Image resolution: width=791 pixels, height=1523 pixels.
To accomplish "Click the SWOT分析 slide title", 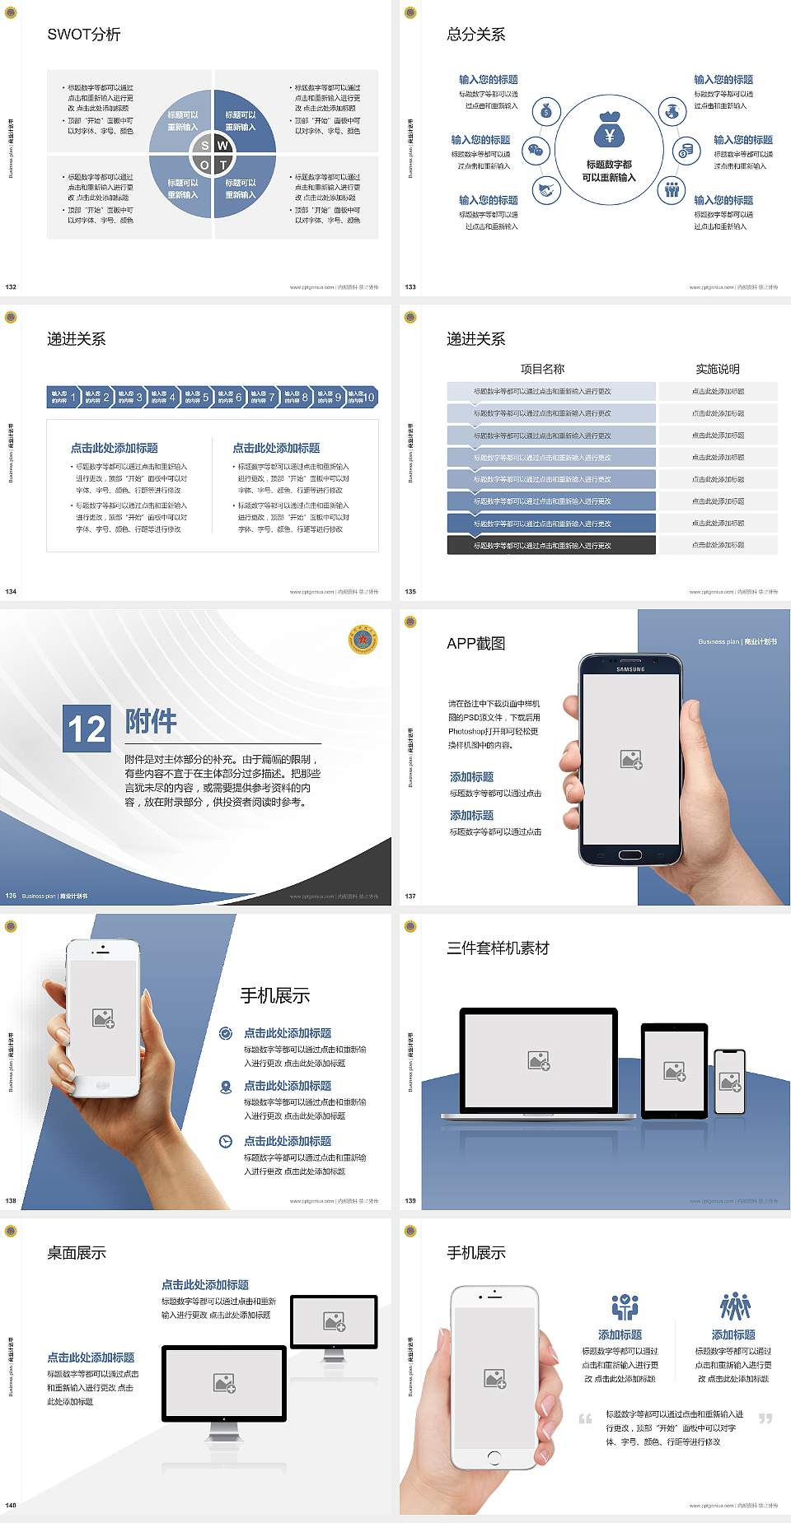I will (83, 35).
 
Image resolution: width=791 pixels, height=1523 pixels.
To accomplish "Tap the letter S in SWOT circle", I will (205, 146).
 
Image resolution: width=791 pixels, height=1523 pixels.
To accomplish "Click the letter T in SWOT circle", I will (222, 165).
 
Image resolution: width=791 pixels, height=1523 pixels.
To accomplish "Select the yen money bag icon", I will (609, 131).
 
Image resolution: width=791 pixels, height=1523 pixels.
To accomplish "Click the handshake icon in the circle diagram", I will (546, 191).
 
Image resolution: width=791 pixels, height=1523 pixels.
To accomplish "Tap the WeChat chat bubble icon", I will (536, 151).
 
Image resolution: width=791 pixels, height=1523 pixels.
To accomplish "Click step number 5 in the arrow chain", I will (205, 397).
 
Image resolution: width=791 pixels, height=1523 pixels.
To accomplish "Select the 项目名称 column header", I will (542, 369).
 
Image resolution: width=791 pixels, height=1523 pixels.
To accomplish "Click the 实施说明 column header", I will (718, 369).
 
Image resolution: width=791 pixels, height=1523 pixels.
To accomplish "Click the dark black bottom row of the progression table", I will (551, 545).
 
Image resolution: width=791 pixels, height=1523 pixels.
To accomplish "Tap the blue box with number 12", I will (87, 729).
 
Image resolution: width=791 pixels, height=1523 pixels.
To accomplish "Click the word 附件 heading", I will (151, 721).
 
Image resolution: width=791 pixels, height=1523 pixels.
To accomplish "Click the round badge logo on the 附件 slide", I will (363, 640).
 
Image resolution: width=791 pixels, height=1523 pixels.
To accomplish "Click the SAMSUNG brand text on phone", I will (630, 669).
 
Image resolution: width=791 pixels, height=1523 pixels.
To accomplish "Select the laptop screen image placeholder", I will (539, 1060).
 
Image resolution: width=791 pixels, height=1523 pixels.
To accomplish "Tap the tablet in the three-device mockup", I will (675, 1071).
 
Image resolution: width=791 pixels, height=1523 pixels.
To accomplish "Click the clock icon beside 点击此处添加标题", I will (226, 1141).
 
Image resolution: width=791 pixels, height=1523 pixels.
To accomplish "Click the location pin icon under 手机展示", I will (226, 1087).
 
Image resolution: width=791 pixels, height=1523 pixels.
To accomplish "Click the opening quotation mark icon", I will (585, 1418).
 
